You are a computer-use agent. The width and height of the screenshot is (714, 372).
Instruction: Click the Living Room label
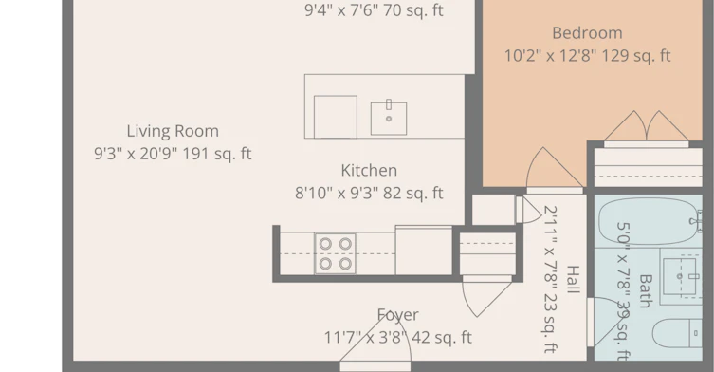tap(173, 131)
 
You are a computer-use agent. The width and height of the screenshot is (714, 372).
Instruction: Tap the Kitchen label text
tap(369, 171)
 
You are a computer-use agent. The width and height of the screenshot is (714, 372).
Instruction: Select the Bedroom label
tap(587, 33)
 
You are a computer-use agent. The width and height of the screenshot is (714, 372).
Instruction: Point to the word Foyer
tap(398, 315)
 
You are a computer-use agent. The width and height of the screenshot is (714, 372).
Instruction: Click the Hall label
tap(574, 279)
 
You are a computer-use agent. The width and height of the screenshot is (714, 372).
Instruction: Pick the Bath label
tap(646, 290)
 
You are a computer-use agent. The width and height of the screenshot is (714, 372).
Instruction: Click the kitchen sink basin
tap(389, 119)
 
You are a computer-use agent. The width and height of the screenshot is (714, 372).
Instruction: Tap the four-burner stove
tap(335, 253)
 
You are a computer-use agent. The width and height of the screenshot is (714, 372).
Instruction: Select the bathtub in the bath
tap(650, 221)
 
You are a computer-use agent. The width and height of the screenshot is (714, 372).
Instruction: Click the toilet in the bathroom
tap(677, 333)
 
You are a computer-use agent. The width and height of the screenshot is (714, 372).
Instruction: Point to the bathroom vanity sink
tap(680, 276)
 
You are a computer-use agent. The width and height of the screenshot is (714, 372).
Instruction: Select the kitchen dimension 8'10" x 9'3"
tap(337, 194)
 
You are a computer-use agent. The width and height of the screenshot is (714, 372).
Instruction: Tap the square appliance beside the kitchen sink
tap(335, 117)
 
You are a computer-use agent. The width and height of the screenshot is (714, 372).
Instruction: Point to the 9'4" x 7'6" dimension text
tap(374, 10)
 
